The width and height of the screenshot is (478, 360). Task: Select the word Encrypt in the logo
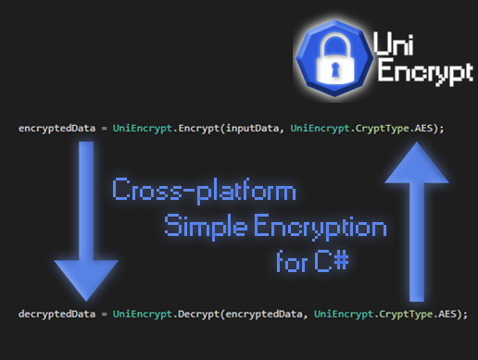pos(422,76)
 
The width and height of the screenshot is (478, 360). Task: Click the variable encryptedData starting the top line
pos(55,128)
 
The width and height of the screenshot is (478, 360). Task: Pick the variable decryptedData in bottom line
pos(55,315)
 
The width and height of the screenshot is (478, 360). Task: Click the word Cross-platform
pos(204,192)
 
